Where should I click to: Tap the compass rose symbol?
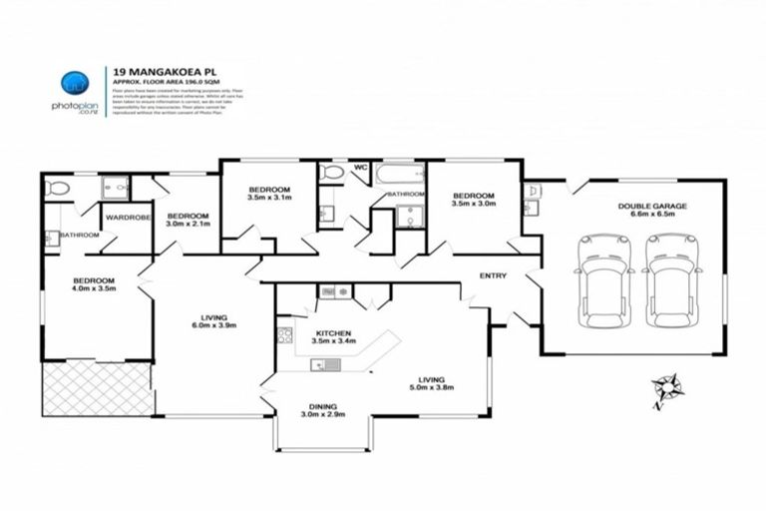(665, 387)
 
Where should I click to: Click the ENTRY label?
(493, 275)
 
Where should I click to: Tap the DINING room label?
(324, 408)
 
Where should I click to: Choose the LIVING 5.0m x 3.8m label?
(431, 382)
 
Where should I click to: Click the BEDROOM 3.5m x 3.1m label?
(269, 194)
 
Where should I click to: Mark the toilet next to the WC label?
(332, 173)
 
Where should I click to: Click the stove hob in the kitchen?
(283, 335)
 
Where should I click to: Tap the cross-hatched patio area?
(97, 388)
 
